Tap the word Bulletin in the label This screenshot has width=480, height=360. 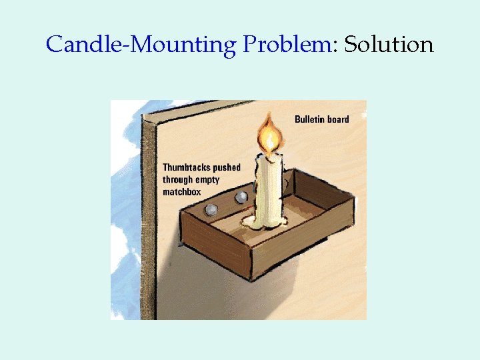tap(310, 119)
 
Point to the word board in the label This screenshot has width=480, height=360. tap(338, 119)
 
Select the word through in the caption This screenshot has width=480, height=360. tap(178, 180)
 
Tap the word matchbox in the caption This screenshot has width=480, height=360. tap(181, 192)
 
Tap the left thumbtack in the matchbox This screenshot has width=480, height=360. tap(211, 209)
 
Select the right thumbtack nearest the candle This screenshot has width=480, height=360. tap(241, 197)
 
